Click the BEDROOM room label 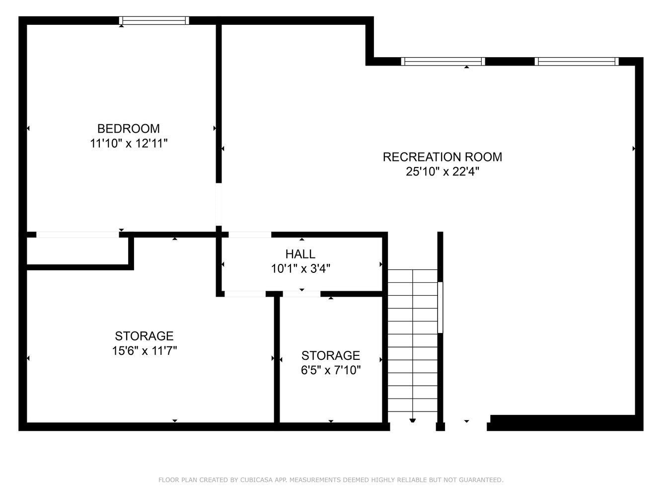coord(129,129)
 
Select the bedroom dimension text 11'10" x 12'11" coord(129,143)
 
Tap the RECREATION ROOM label coord(442,157)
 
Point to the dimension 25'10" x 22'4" coord(442,171)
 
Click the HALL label coord(300,254)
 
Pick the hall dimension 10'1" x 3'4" coord(300,268)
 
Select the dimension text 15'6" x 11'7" coord(145,351)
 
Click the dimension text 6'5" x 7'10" coord(331,370)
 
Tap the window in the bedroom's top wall coord(154,20)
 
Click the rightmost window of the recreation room coord(577,61)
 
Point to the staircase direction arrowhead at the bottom coord(413,420)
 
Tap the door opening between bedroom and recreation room coord(219,204)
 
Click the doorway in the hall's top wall coord(250,235)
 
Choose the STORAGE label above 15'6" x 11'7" coord(144,336)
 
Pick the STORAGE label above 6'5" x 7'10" coord(331,355)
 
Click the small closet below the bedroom coord(77,251)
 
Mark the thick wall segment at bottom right coord(565,423)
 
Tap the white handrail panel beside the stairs coord(441,307)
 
